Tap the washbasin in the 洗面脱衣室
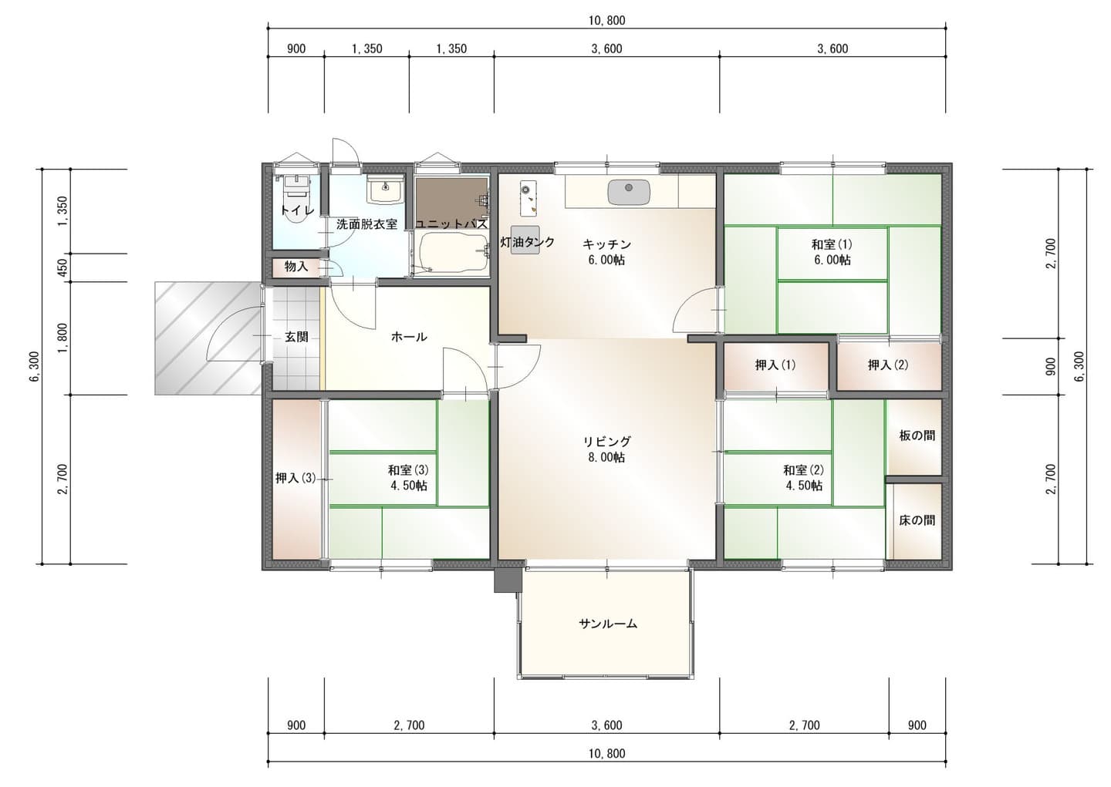tap(386, 190)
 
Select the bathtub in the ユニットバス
tap(452, 254)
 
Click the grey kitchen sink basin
tap(629, 192)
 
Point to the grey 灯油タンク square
tap(525, 240)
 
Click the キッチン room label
tap(606, 244)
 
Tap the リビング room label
tap(606, 441)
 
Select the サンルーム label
tap(608, 624)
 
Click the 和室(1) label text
tap(832, 244)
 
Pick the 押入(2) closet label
tap(888, 365)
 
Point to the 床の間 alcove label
tap(917, 520)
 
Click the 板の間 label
tap(917, 436)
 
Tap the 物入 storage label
tap(296, 267)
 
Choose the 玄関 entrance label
tap(296, 337)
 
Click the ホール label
tap(409, 337)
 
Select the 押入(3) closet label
tap(295, 478)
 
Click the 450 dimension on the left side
tap(62, 267)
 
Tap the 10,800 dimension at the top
tap(607, 20)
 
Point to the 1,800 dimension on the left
tap(62, 338)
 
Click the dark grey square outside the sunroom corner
tap(507, 580)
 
